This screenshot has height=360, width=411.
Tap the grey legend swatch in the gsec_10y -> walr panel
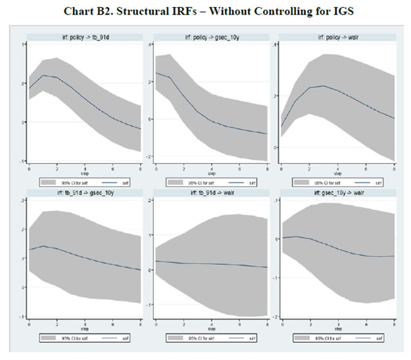click(301, 337)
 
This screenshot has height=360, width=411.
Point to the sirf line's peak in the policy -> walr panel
click(324, 86)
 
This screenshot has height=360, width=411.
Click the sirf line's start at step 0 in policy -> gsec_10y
click(156, 73)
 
